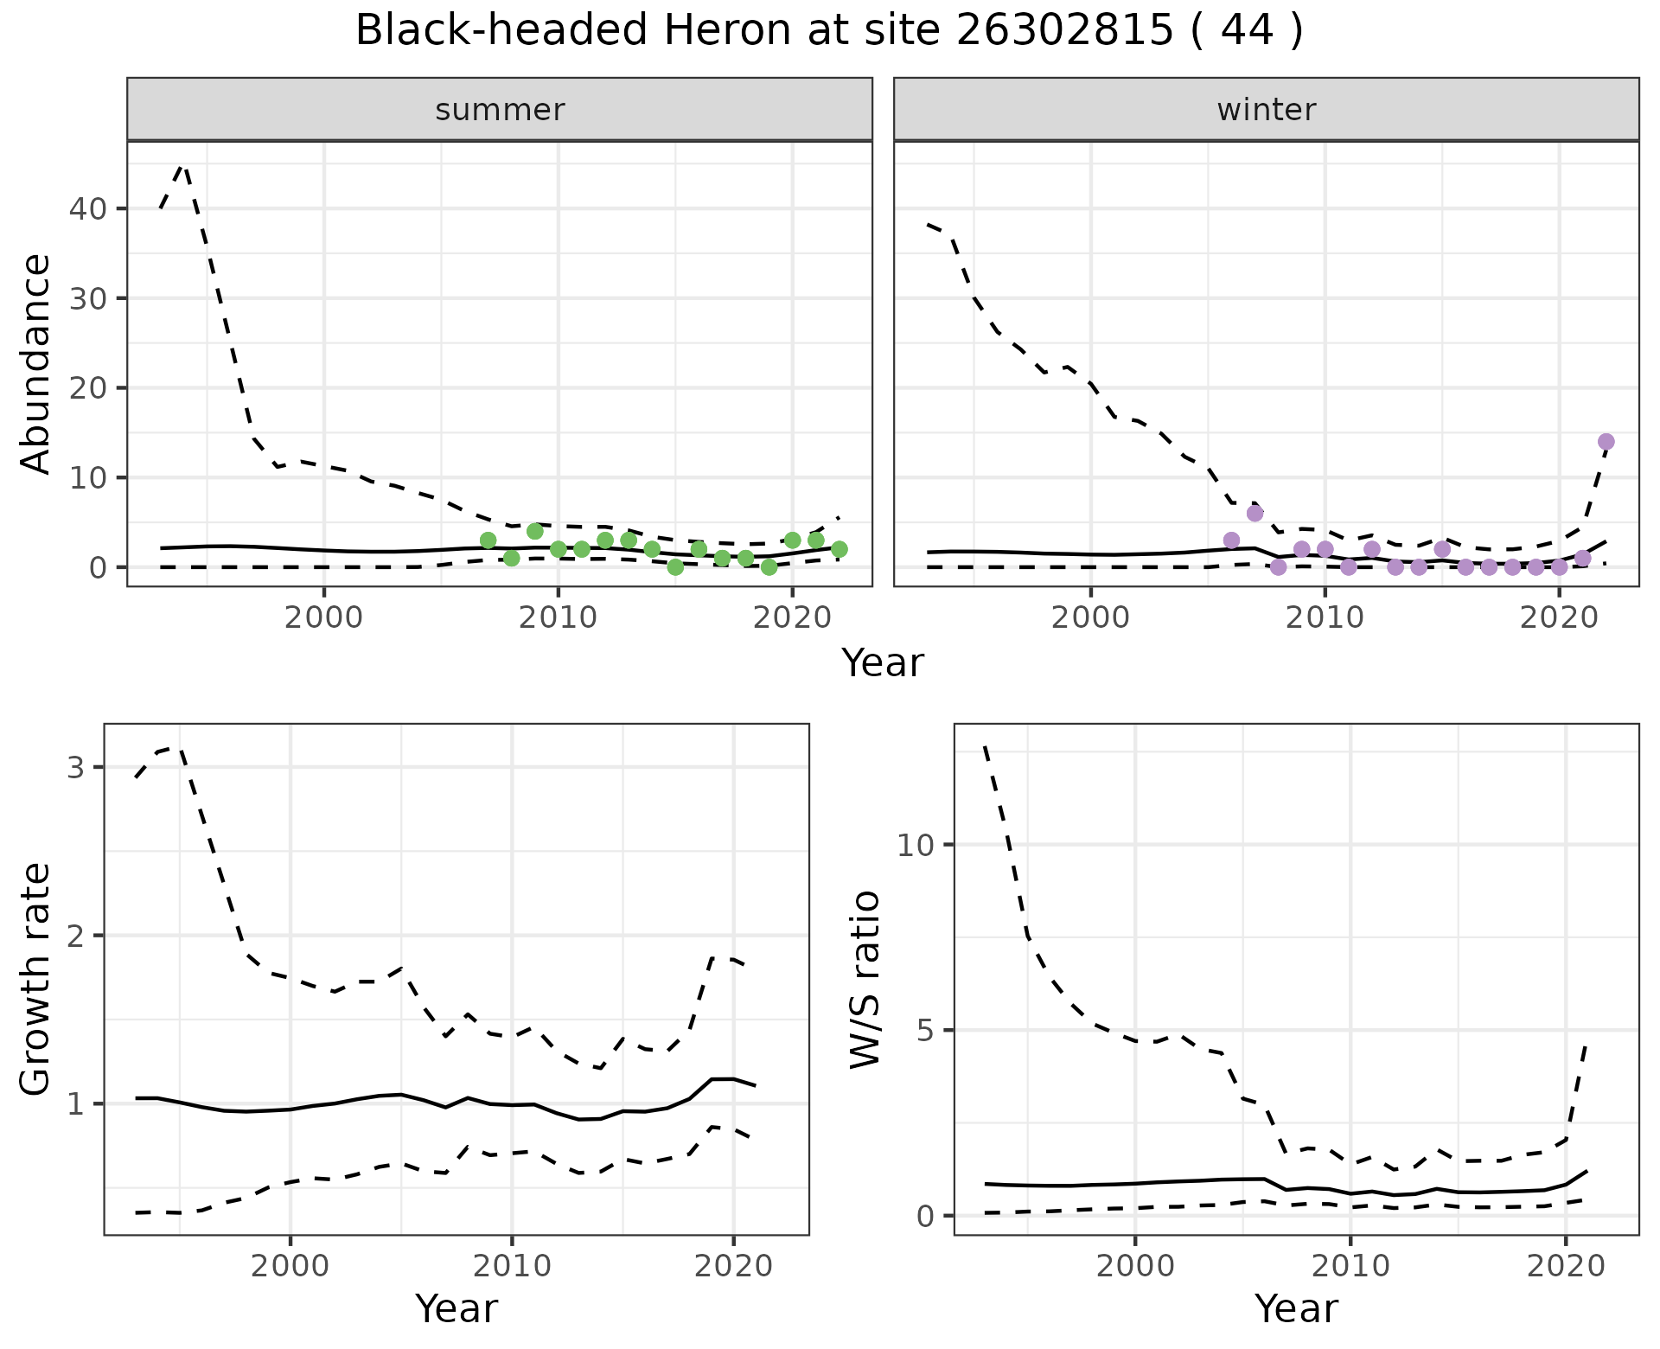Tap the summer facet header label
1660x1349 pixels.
pyautogui.click(x=500, y=110)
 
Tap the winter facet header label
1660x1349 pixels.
pyautogui.click(x=1266, y=110)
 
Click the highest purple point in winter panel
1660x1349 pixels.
pyautogui.click(x=1606, y=442)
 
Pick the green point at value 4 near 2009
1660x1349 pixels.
pyautogui.click(x=534, y=531)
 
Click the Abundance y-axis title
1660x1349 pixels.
pyautogui.click(x=36, y=363)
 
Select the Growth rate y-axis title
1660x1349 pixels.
pyautogui.click(x=36, y=979)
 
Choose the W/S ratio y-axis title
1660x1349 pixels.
pyautogui.click(x=865, y=979)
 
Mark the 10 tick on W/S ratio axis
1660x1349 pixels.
pyautogui.click(x=917, y=845)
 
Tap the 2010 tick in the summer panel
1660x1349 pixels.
pyautogui.click(x=558, y=618)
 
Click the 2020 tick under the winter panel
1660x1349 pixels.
pyautogui.click(x=1558, y=618)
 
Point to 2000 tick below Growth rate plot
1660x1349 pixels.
pyautogui.click(x=290, y=1267)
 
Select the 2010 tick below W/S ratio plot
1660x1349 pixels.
pyautogui.click(x=1350, y=1267)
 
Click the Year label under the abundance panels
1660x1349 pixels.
pyautogui.click(x=883, y=664)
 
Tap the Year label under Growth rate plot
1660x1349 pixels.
pyautogui.click(x=456, y=1308)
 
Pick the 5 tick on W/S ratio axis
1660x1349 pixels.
pyautogui.click(x=927, y=1031)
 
